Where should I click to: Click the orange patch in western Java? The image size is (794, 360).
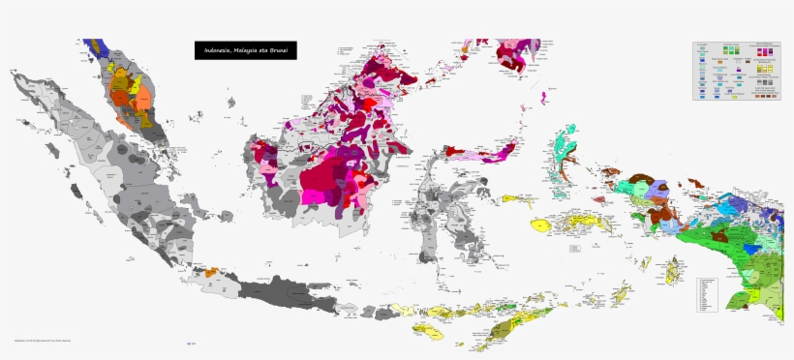point(211,275)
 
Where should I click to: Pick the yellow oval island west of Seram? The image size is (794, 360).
point(539,225)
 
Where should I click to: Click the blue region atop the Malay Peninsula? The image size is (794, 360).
point(93,46)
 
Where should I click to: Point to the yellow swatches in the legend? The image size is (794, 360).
point(764,70)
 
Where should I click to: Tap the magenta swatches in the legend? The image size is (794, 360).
point(765,50)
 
